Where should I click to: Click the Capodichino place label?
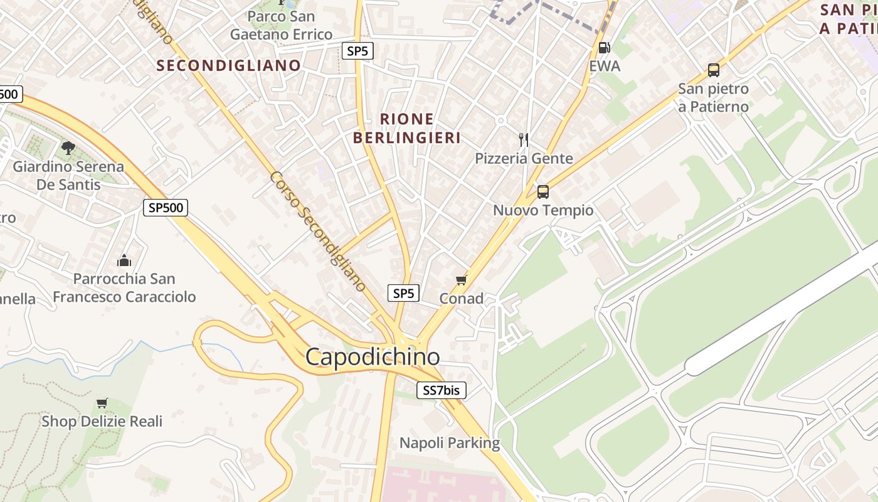point(373,357)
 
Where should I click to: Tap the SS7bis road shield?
point(442,390)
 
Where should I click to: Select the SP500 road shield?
point(166,208)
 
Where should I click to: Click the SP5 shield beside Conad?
point(403,293)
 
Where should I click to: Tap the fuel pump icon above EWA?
point(605,48)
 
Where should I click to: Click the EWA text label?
point(605,66)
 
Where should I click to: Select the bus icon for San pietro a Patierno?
point(713,70)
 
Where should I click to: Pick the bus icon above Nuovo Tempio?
point(543,192)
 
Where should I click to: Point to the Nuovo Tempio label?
point(543,210)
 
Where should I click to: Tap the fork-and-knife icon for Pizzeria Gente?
point(524,139)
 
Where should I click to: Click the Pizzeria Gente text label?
point(524,158)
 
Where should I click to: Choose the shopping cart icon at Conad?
point(462,280)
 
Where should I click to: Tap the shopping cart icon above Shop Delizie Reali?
point(102,403)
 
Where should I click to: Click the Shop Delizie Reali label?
point(102,421)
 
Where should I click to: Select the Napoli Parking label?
point(450,443)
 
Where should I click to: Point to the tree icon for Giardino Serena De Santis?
point(68,148)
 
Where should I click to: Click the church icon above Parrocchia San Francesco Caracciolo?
point(124,260)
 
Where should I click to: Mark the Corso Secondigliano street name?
point(318,231)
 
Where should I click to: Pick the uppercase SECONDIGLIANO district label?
point(229,65)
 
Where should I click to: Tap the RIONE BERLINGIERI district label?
point(407,128)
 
